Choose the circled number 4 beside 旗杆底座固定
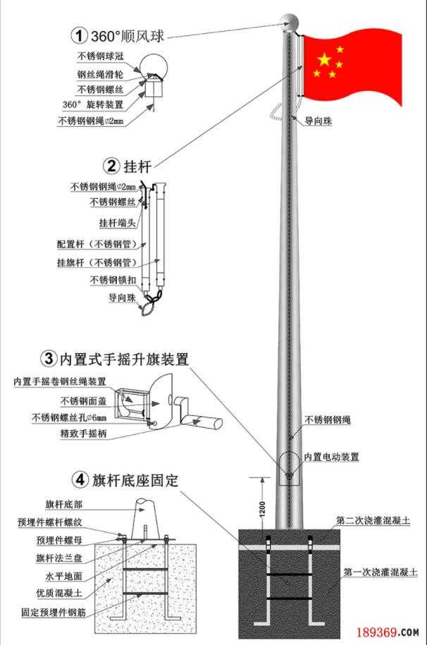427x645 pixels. point(80,481)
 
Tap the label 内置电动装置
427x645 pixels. point(331,457)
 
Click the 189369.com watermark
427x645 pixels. point(388,632)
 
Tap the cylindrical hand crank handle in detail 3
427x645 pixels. point(207,423)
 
